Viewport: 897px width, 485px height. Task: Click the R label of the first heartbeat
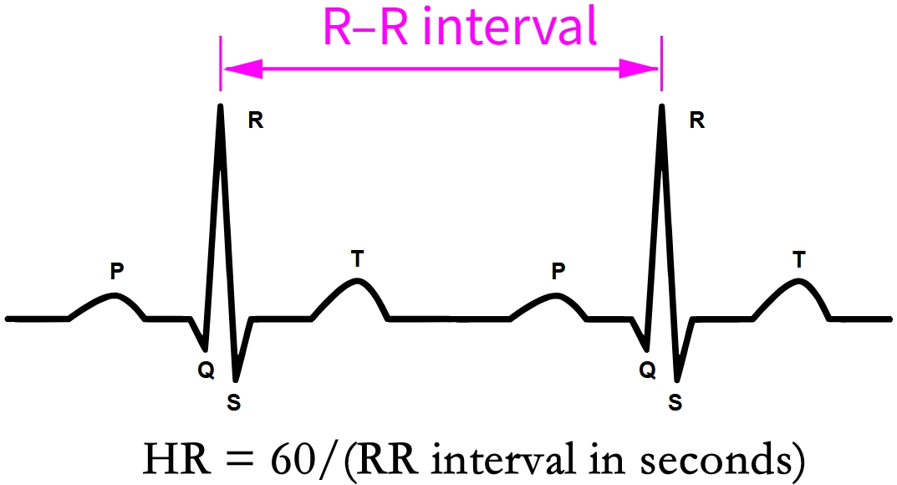(256, 120)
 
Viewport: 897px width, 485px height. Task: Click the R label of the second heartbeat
(696, 120)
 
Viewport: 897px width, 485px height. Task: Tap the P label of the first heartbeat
(117, 271)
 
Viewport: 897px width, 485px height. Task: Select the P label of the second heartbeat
(558, 271)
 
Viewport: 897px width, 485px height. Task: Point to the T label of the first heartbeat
(358, 259)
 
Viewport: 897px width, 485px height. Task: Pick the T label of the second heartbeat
(799, 259)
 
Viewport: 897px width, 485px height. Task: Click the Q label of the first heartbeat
(206, 370)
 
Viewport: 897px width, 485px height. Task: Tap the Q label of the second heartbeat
(648, 370)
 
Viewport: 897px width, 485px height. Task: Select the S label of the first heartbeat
(233, 403)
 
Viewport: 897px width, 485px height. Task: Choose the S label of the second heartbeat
(675, 403)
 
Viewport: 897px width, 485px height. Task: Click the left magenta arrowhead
(242, 69)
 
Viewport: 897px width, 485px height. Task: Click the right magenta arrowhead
(639, 69)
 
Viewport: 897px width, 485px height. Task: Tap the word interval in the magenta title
(510, 26)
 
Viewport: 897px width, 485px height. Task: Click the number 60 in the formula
(293, 459)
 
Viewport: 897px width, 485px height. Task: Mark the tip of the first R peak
(220, 106)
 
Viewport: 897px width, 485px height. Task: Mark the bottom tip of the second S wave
(677, 380)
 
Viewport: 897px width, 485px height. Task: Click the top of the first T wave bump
(358, 281)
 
